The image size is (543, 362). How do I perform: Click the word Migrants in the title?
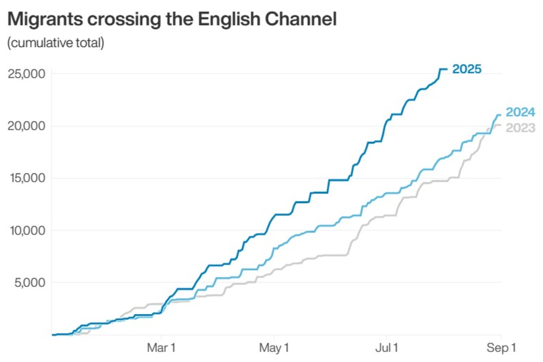pyautogui.click(x=45, y=19)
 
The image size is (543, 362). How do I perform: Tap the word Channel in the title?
pyautogui.click(x=301, y=19)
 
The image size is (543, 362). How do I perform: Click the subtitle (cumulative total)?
pyautogui.click(x=56, y=43)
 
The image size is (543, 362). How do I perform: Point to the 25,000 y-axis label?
pyautogui.click(x=26, y=74)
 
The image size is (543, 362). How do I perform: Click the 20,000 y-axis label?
pyautogui.click(x=26, y=126)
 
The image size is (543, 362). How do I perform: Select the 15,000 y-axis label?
pyautogui.click(x=26, y=178)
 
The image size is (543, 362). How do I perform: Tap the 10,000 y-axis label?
pyautogui.click(x=26, y=230)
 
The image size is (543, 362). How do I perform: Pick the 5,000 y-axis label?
pyautogui.click(x=30, y=282)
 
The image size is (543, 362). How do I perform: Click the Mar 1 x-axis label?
pyautogui.click(x=161, y=348)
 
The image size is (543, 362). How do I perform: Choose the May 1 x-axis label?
pyautogui.click(x=274, y=348)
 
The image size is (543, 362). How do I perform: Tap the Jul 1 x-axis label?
pyautogui.click(x=387, y=348)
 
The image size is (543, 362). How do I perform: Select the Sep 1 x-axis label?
pyautogui.click(x=501, y=348)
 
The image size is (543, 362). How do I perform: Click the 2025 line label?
pyautogui.click(x=467, y=69)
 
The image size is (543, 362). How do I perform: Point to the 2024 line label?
pyautogui.click(x=520, y=112)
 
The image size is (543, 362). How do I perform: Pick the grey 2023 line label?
pyautogui.click(x=520, y=128)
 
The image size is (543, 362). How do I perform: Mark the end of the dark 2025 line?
pyautogui.click(x=447, y=69)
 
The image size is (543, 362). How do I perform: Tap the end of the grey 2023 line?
pyautogui.click(x=500, y=125)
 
